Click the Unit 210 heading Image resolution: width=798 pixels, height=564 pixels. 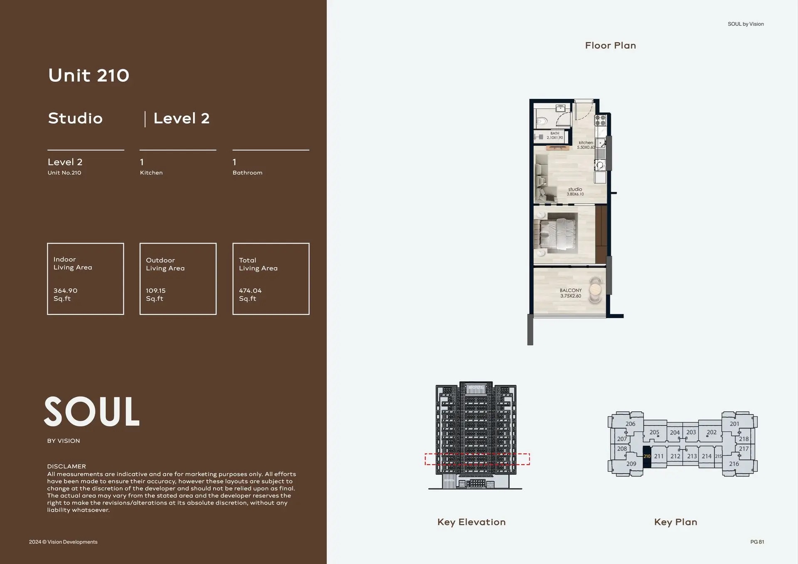point(89,75)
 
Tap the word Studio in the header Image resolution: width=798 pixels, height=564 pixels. point(75,118)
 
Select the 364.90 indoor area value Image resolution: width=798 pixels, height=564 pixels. point(65,291)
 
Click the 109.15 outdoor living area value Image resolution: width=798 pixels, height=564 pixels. point(155,291)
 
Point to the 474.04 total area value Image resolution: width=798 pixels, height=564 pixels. point(250,291)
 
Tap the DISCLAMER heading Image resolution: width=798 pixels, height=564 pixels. point(66,466)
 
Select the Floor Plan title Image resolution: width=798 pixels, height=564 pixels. point(610,46)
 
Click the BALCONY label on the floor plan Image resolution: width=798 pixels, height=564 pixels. point(570,290)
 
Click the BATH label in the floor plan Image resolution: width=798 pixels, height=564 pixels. point(554,133)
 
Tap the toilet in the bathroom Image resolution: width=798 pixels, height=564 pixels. point(541,122)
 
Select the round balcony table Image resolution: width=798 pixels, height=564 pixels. point(596,289)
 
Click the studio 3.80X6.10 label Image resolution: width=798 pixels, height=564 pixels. point(575,191)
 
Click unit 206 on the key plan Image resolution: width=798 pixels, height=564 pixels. point(630,424)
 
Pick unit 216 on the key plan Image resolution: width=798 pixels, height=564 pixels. point(734,464)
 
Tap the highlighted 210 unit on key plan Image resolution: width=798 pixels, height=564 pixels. point(647,456)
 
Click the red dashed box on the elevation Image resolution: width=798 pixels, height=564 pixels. point(477,459)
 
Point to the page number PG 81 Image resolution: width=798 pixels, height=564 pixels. point(757,542)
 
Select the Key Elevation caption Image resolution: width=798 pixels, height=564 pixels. point(471,522)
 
